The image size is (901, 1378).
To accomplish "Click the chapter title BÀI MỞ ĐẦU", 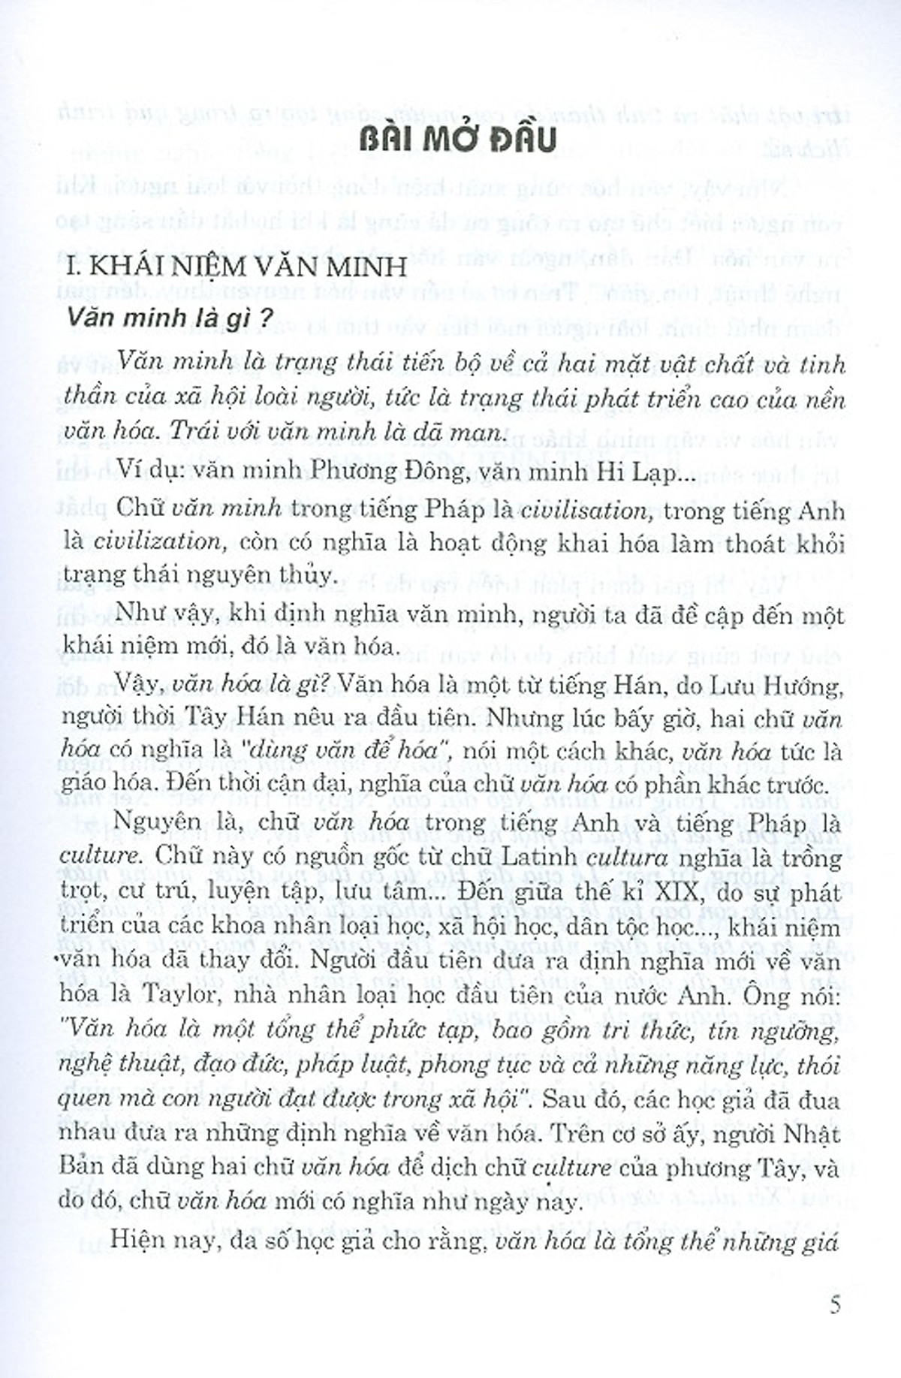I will tap(457, 140).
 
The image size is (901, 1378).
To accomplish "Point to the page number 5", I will tap(835, 1305).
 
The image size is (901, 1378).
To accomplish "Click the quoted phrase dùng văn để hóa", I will tap(371, 751).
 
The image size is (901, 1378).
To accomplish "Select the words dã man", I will tap(470, 433).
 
